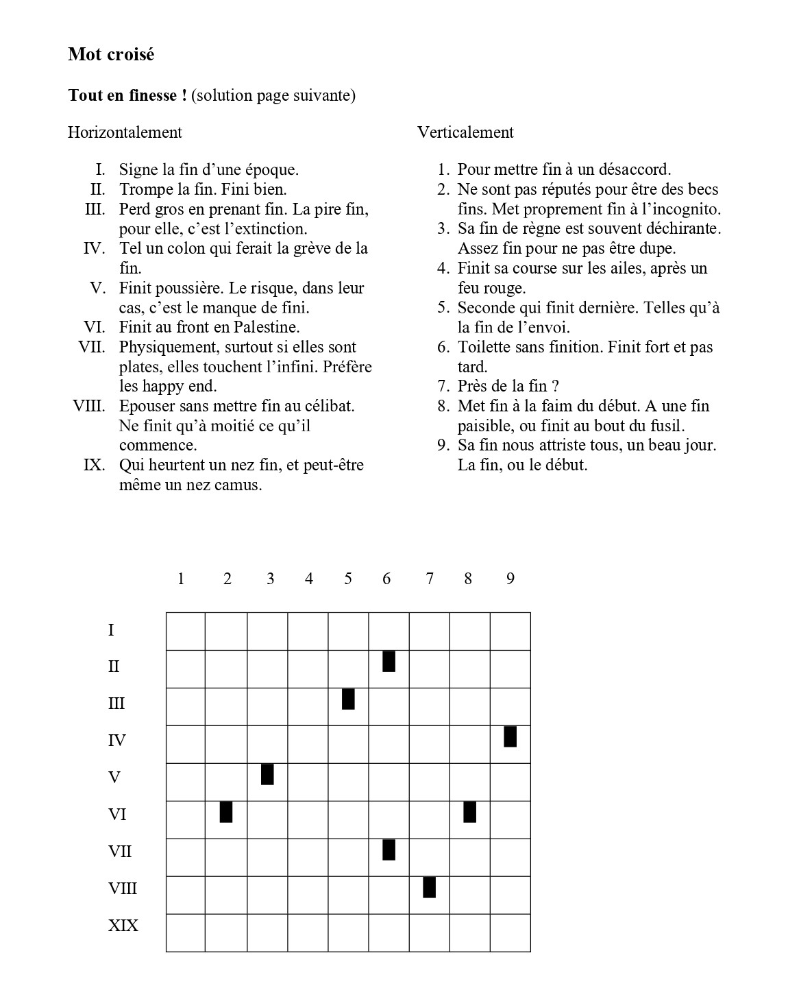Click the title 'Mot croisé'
tap(111, 55)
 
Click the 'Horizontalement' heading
tap(125, 132)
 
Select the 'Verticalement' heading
tap(465, 132)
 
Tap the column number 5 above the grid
tap(348, 579)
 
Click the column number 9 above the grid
tap(510, 579)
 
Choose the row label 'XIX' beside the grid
tap(123, 926)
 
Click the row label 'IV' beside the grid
tap(117, 740)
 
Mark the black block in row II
tap(389, 662)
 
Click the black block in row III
tap(348, 699)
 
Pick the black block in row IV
tap(510, 736)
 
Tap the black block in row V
tap(267, 773)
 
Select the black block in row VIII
tap(429, 887)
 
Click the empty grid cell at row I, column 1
tap(186, 631)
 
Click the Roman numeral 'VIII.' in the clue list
tap(89, 406)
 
